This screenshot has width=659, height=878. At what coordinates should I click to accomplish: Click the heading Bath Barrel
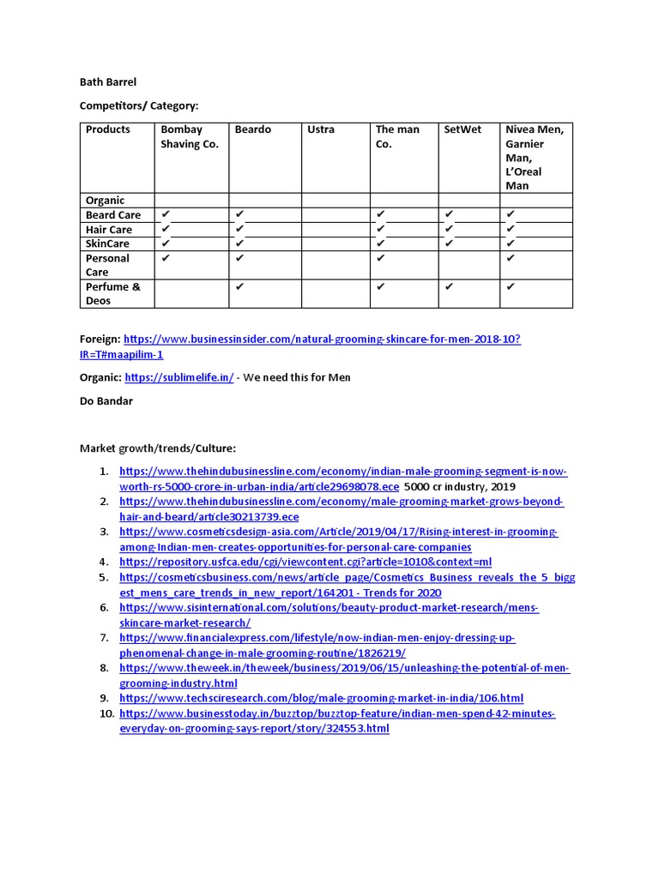(x=108, y=82)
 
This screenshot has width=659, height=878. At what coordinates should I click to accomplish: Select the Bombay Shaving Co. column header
(x=190, y=136)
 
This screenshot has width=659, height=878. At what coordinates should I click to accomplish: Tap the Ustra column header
(x=321, y=129)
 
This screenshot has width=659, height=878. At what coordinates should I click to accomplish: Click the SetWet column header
(x=463, y=129)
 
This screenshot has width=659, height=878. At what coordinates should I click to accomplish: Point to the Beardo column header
(x=252, y=129)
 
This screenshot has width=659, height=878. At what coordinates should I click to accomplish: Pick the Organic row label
(x=105, y=201)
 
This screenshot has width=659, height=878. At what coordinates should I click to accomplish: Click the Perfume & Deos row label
(x=112, y=294)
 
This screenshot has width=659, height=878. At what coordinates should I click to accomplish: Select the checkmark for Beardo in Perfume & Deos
(x=240, y=287)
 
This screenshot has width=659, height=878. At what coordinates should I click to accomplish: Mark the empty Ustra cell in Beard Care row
(x=335, y=215)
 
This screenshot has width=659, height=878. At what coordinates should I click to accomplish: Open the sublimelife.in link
(x=178, y=377)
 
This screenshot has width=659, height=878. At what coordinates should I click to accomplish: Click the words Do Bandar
(x=106, y=400)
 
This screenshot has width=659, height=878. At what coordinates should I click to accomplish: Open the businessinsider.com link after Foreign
(x=322, y=340)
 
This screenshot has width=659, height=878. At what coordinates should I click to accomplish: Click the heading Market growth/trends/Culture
(x=157, y=448)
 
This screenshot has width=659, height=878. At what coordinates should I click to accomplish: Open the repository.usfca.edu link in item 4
(x=305, y=562)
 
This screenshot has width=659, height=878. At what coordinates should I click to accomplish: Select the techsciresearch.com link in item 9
(x=321, y=698)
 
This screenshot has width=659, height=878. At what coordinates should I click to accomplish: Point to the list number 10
(x=106, y=713)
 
